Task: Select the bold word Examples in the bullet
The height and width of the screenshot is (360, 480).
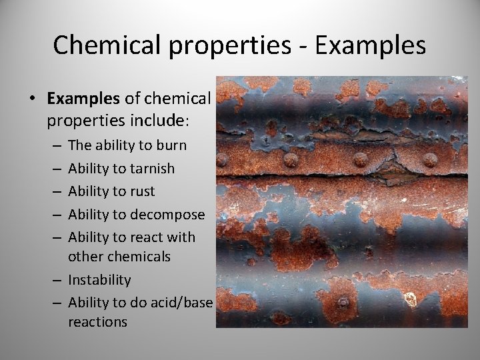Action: click(x=83, y=99)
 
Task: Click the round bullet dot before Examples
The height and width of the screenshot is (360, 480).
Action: click(x=32, y=99)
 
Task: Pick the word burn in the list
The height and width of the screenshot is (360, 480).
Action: click(x=172, y=145)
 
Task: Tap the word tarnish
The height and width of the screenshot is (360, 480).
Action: click(x=152, y=169)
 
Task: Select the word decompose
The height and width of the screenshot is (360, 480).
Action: click(x=167, y=215)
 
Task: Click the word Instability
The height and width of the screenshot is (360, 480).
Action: click(x=99, y=280)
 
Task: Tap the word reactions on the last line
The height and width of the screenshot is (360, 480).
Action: click(x=97, y=322)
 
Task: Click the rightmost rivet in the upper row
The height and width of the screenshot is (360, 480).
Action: click(x=430, y=160)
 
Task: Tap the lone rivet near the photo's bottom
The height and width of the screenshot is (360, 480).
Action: click(x=342, y=301)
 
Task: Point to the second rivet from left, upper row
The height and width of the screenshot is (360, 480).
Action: click(x=291, y=159)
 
